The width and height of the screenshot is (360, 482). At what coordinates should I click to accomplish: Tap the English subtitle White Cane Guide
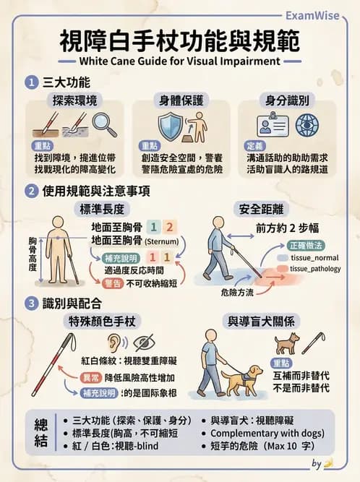(179, 61)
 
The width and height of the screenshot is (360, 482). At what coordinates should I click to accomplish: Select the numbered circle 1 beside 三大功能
(31, 82)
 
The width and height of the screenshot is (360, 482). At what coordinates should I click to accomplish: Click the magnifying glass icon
(105, 125)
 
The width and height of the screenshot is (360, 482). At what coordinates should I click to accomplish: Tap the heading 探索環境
(75, 101)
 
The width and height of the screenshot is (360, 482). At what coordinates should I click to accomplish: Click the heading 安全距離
(262, 210)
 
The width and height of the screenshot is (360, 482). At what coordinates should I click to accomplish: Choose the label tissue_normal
(314, 258)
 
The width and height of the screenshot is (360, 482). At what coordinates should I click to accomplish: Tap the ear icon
(113, 343)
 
